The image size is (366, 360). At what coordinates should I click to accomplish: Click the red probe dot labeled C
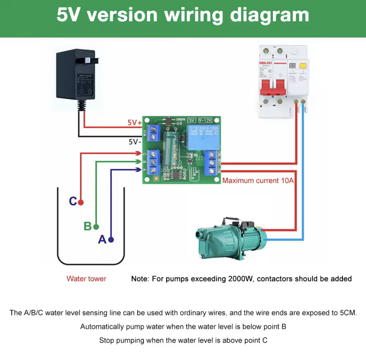pos(81,202)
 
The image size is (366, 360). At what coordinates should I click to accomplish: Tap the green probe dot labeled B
pos(96,227)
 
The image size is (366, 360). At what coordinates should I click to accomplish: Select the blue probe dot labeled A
pos(111,240)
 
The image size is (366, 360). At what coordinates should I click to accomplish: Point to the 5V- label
pos(135,142)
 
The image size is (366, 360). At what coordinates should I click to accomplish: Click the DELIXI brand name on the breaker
pos(265,63)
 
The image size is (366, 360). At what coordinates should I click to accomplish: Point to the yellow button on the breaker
pos(303,65)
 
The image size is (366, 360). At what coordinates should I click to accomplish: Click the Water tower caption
pos(86,279)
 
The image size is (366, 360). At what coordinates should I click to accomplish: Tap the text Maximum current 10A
pos(258,181)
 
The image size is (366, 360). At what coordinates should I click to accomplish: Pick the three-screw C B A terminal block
pos(153,162)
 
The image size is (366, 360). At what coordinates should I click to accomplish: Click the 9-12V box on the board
pos(205,120)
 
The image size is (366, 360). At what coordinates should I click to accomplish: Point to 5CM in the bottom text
pos(348,313)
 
